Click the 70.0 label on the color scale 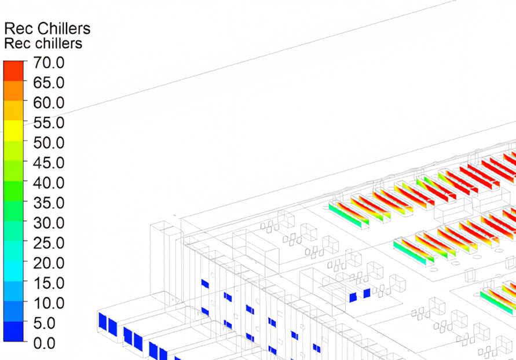tap(49, 63)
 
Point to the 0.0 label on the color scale tap(45, 343)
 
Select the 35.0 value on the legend tap(49, 203)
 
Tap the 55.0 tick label tap(49, 123)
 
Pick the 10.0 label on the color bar tap(49, 303)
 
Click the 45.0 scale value tap(49, 163)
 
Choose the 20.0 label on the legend tap(49, 263)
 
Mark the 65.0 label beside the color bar tap(49, 83)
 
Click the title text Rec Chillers tap(47, 29)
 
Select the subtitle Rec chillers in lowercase tap(43, 43)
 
